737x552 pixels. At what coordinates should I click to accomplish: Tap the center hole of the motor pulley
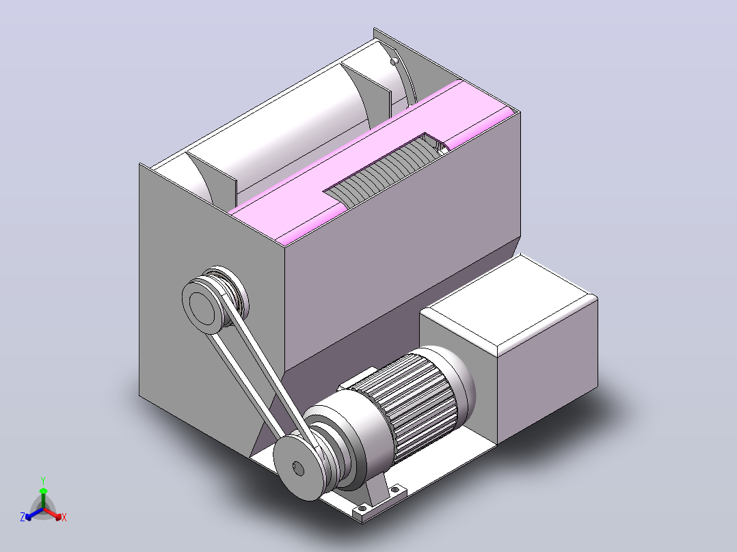click(298, 468)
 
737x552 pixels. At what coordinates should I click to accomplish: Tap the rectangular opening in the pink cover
click(386, 170)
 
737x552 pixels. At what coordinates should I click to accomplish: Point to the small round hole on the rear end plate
click(394, 61)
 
